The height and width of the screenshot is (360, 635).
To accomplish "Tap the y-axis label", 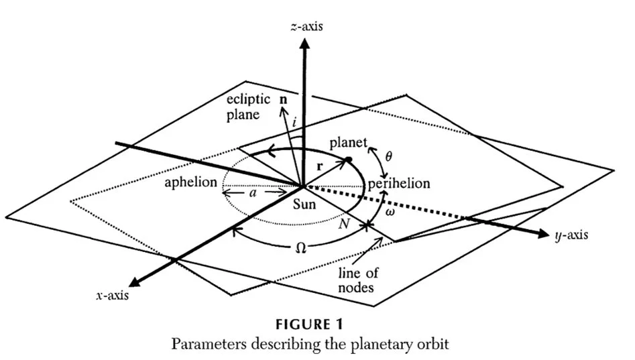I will tap(572, 236).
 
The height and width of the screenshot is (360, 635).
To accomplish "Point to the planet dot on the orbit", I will tap(348, 160).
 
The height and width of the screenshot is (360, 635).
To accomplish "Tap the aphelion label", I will tap(191, 182).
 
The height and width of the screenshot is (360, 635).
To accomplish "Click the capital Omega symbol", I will tap(301, 247).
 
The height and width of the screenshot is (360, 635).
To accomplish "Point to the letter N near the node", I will tap(344, 225).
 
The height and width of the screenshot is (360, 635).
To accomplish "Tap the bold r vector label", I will tap(320, 162).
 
